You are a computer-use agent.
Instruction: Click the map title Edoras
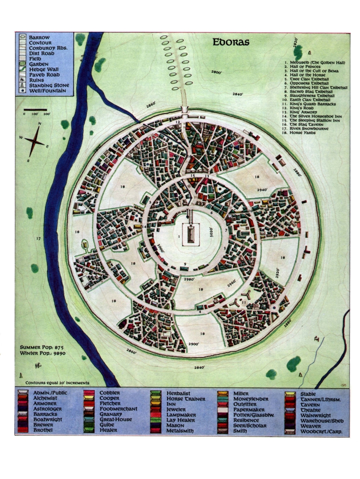(x=231, y=42)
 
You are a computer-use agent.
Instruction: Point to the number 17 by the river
(x=38, y=239)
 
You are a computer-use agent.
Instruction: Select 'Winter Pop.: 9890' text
(x=43, y=353)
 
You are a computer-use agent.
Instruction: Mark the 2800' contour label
(x=216, y=72)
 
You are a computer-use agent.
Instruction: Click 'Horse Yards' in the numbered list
(x=304, y=133)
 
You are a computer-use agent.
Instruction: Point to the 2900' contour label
(x=193, y=343)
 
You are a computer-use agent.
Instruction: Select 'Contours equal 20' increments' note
(x=57, y=382)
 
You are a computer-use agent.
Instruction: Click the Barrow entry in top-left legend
(x=39, y=37)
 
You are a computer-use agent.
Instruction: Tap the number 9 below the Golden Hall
(x=185, y=263)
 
